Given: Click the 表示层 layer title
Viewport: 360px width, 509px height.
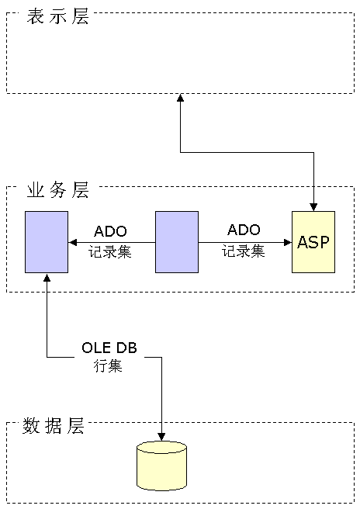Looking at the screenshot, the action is click(x=57, y=16).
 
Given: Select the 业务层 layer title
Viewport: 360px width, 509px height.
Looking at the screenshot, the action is click(x=57, y=190).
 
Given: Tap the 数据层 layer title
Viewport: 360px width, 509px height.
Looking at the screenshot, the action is click(x=54, y=425).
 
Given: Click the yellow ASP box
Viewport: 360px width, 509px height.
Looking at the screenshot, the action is click(x=313, y=242).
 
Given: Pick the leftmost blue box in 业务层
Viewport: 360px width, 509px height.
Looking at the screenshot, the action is click(x=47, y=242).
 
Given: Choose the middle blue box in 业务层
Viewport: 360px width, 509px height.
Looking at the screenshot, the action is click(x=177, y=242).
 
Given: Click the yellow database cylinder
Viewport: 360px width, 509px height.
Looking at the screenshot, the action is click(x=161, y=466).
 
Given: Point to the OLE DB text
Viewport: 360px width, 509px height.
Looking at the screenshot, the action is click(x=109, y=348).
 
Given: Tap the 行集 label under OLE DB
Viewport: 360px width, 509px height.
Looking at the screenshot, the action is click(x=108, y=366).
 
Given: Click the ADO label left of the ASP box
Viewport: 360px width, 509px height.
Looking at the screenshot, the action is click(x=244, y=230).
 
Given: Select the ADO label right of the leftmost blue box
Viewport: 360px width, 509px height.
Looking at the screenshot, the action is click(x=110, y=231).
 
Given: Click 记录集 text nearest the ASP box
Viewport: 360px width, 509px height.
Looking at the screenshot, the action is click(x=244, y=251).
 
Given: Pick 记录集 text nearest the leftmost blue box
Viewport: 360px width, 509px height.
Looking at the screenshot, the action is click(x=110, y=252).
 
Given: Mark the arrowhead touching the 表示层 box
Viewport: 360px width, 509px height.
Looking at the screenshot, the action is click(x=180, y=98).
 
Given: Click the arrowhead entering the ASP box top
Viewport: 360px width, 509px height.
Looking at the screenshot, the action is click(x=313, y=207).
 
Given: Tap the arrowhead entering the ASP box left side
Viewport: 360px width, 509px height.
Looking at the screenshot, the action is click(x=288, y=242).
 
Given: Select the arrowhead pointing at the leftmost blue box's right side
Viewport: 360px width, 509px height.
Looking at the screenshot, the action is click(x=72, y=242).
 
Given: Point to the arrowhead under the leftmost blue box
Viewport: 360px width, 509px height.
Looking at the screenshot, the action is click(x=47, y=277).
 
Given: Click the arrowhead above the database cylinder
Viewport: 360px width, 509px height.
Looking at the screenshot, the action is click(x=161, y=437).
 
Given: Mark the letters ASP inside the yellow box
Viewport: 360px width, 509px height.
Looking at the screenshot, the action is click(x=313, y=242).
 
